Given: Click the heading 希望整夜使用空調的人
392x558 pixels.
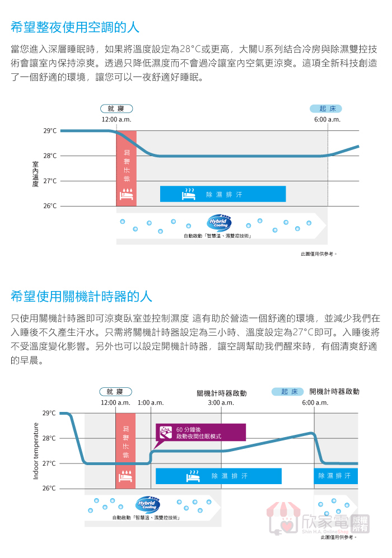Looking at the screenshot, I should tap(75, 27).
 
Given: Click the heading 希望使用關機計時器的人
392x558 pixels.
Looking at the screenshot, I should tap(81, 296).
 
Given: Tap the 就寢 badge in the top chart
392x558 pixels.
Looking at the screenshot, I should tap(116, 109).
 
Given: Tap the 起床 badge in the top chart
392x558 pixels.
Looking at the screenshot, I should tap(326, 109).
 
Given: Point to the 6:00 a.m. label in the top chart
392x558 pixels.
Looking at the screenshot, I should tap(327, 120).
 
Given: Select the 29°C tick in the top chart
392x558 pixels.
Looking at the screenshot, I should tap(50, 131).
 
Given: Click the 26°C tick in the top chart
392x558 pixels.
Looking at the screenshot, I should tap(50, 206).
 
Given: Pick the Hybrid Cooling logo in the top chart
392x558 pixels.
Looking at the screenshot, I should tap(219, 222).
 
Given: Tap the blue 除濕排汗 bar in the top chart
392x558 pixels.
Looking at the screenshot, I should tap(223, 194).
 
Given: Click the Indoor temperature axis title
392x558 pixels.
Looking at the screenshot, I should tap(36, 451).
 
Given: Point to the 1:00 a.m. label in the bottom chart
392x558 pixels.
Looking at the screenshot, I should tap(151, 402).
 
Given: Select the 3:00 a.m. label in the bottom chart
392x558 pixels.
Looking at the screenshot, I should tap(221, 402).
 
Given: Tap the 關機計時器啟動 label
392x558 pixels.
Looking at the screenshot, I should tap(221, 393).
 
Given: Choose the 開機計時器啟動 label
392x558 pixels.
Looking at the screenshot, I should tap(334, 391).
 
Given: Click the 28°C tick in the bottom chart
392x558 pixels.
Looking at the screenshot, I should tap(49, 438).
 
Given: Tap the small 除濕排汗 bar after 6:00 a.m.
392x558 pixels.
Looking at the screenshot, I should tap(335, 476).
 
